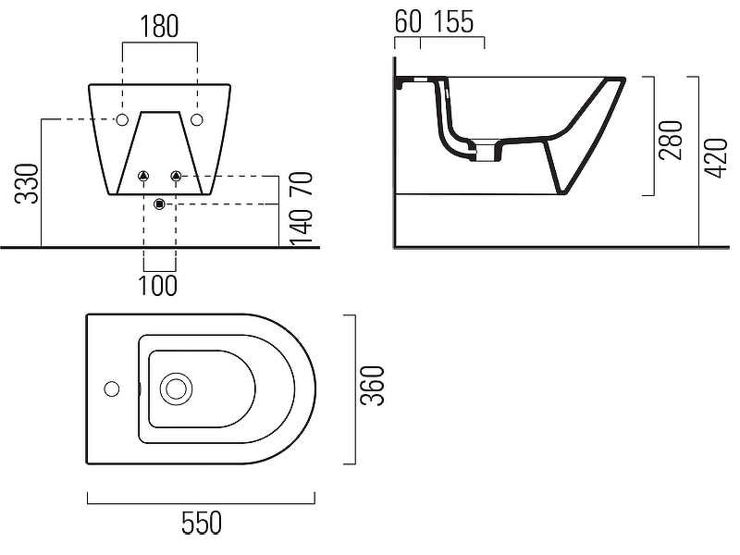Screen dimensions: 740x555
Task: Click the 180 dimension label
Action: tap(159, 27)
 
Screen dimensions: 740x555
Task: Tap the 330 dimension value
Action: tap(27, 183)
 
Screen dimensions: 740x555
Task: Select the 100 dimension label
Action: tap(157, 286)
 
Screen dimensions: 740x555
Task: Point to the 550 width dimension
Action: tap(202, 523)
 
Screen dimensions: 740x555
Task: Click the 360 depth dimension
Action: tap(373, 385)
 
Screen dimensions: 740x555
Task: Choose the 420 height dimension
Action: tap(716, 158)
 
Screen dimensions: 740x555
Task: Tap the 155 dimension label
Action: tap(452, 21)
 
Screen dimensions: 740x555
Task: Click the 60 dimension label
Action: tap(408, 21)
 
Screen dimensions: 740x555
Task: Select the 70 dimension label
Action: tap(302, 184)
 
